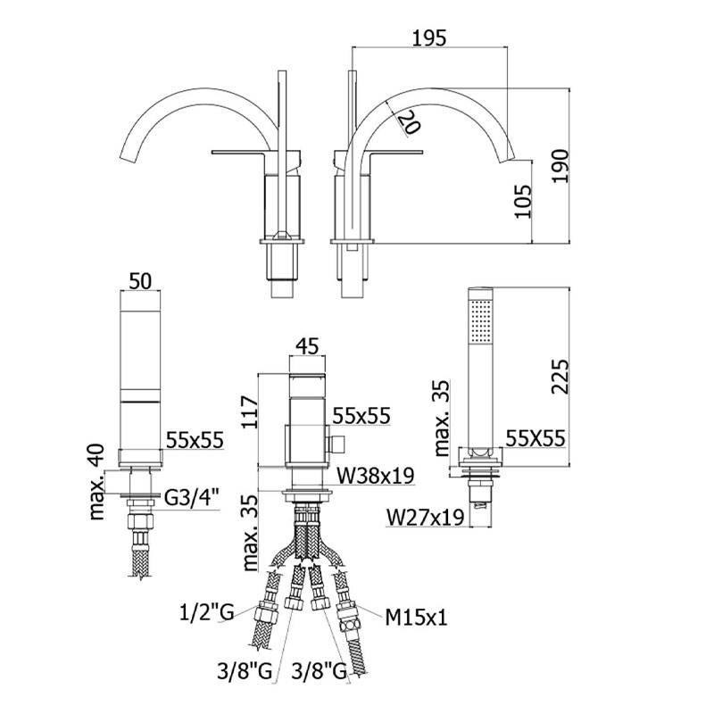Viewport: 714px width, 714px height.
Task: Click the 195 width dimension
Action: (x=428, y=37)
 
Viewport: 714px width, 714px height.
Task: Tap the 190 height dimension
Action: (x=560, y=165)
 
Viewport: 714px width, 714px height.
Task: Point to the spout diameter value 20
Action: (x=409, y=123)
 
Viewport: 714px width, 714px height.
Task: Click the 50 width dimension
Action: (x=140, y=280)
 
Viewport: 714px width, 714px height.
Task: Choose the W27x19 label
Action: (x=425, y=516)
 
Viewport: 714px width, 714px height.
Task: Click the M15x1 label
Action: (x=417, y=616)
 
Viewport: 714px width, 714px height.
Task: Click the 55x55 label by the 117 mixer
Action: (x=361, y=416)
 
